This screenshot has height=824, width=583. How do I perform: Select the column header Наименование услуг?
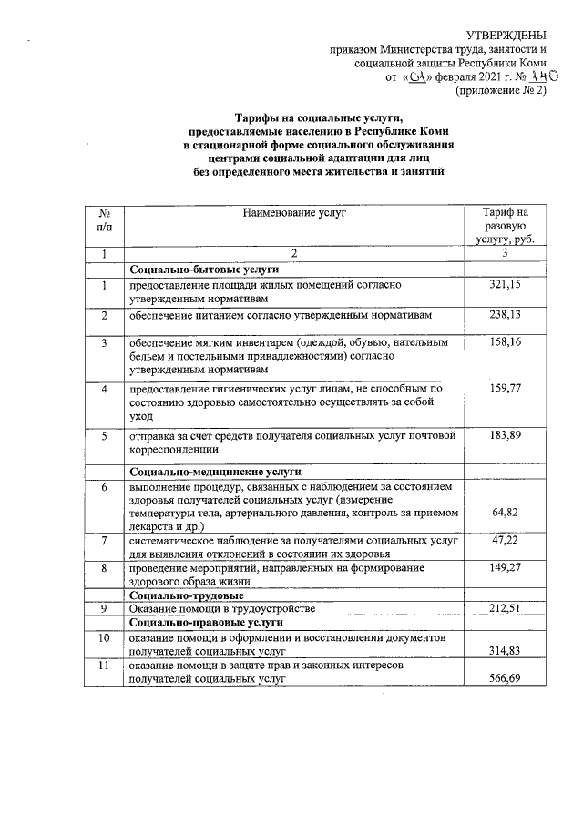(290, 213)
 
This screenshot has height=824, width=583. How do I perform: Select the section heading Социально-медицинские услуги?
(215, 473)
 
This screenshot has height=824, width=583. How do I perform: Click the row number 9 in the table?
(106, 608)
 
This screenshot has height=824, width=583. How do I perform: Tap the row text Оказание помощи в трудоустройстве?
(221, 608)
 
